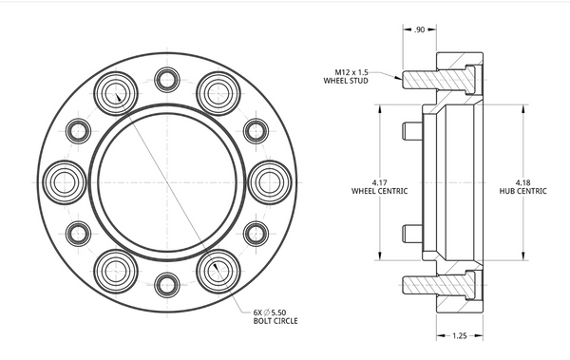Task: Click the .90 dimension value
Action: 419,29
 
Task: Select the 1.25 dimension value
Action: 460,335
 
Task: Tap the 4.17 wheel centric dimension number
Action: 379,182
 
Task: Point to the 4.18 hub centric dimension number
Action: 522,182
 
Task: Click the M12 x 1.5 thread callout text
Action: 351,72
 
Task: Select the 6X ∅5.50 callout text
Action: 270,313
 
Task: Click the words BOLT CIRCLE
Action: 275,321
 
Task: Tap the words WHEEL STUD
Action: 346,81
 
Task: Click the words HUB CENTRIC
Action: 522,191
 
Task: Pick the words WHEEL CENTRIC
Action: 379,191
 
